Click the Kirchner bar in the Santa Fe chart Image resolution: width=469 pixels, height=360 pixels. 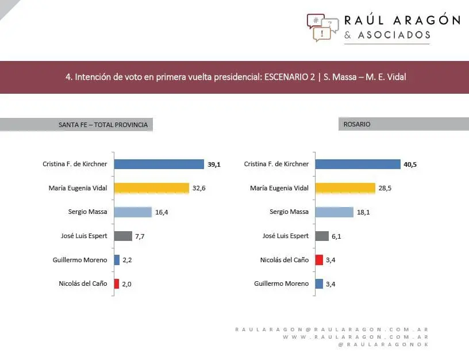[x=159, y=164]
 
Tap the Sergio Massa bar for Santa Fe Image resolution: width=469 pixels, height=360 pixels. [x=133, y=212]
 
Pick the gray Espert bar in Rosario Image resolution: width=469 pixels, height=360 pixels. [x=322, y=236]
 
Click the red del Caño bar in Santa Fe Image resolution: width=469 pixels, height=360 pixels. [x=117, y=284]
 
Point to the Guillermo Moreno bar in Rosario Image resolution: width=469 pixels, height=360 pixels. [x=320, y=284]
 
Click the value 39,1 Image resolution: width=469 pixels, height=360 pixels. [x=214, y=164]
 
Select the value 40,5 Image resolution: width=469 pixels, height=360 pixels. [x=410, y=164]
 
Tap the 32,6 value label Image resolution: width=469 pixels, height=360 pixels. [x=199, y=188]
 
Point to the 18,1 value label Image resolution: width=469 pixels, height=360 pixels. [x=363, y=212]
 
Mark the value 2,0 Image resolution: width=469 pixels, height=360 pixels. [x=128, y=284]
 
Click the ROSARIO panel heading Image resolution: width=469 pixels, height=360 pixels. [x=357, y=124]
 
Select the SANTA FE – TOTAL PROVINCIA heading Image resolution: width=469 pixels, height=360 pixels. [x=103, y=125]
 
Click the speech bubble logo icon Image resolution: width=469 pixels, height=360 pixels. [x=322, y=27]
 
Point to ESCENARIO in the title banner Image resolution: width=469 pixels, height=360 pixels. [x=290, y=76]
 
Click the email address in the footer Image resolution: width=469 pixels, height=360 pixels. [x=332, y=330]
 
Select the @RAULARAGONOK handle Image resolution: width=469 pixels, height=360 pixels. [x=383, y=344]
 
